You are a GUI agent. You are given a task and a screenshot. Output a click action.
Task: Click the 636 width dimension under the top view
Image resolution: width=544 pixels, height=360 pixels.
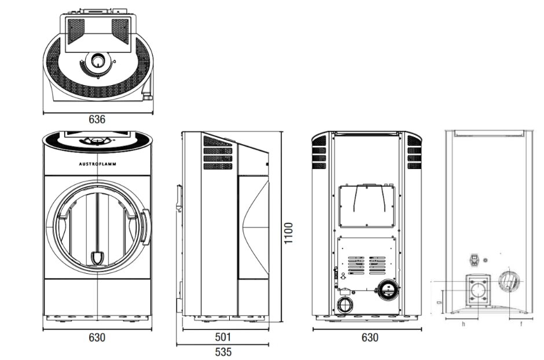click(x=97, y=119)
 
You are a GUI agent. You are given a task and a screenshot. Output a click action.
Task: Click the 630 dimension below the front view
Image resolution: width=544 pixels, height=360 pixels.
click(x=97, y=337)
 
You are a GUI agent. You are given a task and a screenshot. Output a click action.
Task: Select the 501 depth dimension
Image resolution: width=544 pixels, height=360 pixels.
click(x=223, y=337)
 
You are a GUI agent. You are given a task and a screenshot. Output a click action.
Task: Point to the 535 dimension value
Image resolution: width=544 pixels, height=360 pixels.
click(x=223, y=351)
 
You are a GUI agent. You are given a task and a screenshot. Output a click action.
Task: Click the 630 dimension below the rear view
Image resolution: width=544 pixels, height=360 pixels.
click(x=369, y=337)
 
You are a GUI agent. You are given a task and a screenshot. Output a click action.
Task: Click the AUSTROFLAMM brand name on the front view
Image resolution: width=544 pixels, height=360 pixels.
click(x=97, y=164)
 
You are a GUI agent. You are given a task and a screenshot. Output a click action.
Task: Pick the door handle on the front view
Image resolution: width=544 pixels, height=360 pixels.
click(x=145, y=227)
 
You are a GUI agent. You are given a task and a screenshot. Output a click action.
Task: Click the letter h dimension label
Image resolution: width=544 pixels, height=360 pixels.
click(x=463, y=324)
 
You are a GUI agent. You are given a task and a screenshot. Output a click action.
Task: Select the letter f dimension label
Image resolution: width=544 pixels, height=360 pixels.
click(x=521, y=324)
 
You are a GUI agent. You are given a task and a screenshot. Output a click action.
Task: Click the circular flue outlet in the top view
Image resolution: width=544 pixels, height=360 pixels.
click(x=98, y=60)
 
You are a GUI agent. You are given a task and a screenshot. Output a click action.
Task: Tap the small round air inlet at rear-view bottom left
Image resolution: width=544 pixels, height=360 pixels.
click(x=345, y=305)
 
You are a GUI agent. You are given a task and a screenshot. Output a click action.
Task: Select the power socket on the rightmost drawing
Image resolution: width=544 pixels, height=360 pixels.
click(x=475, y=260)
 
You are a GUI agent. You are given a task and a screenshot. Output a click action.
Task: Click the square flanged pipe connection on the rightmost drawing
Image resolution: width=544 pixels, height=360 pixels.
click(x=479, y=289)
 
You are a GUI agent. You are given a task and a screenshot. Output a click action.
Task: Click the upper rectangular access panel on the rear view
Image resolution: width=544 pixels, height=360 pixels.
click(x=367, y=206)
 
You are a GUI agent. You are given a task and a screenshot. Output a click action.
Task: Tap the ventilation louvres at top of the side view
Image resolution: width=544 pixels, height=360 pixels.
click(x=218, y=153)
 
